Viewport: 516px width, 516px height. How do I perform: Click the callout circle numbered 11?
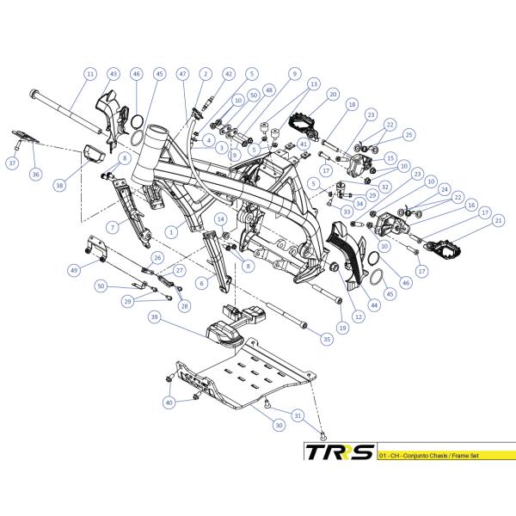point(90,74)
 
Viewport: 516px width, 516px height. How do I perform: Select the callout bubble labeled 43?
point(114,74)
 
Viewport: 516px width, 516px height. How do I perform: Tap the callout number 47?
point(182,74)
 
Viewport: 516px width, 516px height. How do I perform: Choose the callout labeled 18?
point(352,104)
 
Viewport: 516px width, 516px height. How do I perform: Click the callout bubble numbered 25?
point(409,135)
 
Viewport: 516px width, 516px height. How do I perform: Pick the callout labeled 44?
point(374,304)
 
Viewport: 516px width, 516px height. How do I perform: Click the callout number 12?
point(358,316)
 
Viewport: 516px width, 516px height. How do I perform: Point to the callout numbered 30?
point(279,425)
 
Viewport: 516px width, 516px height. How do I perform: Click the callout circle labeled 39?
point(156,317)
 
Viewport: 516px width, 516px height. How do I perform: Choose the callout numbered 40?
point(169,402)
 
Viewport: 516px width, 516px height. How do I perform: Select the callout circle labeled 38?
point(58,185)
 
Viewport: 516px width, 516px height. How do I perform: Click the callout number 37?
point(12,163)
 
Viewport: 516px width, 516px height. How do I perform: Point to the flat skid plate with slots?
point(249,378)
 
